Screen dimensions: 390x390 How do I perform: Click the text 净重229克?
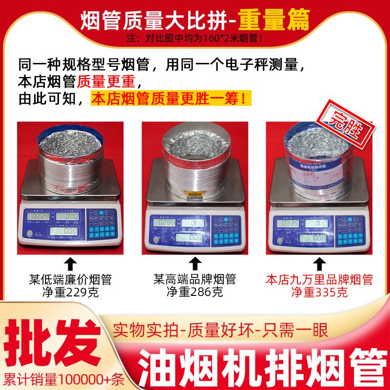70,292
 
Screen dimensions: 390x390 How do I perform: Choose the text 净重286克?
195,292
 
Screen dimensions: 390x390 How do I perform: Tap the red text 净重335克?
319,292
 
